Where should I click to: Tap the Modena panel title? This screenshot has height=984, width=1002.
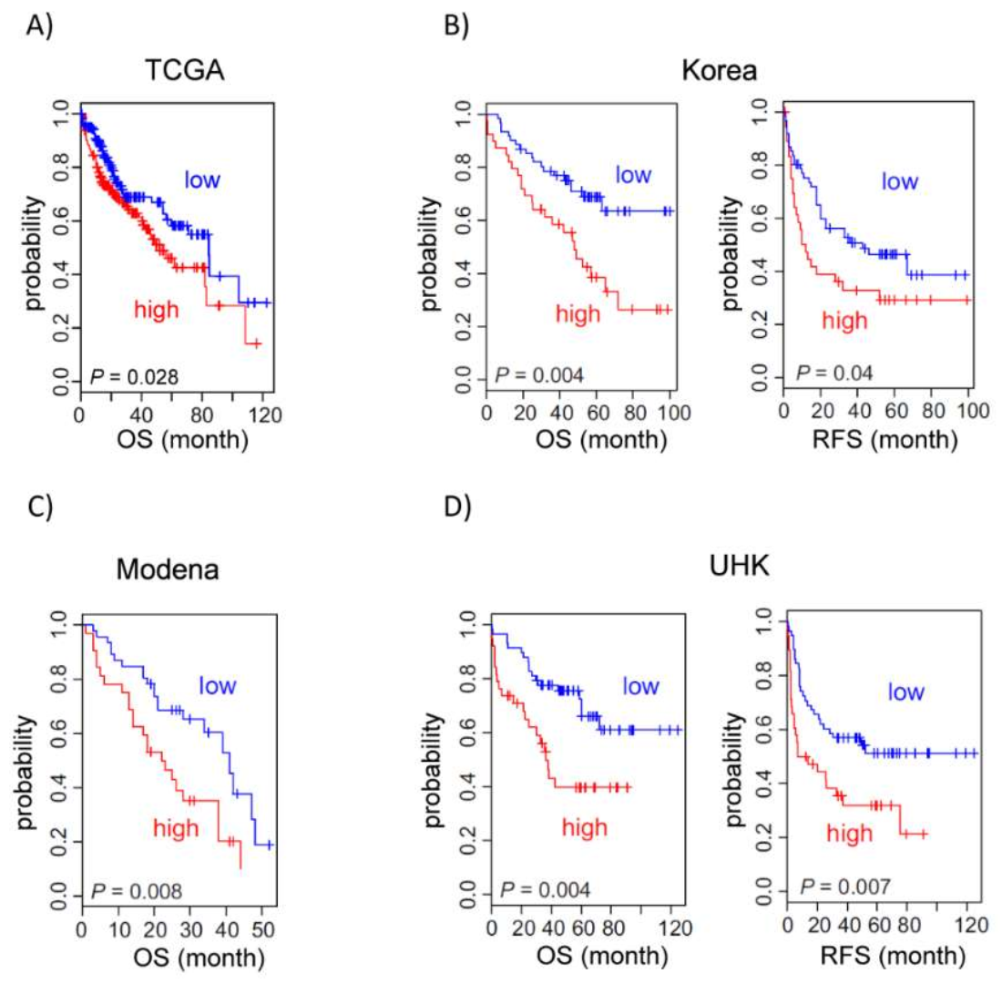[163, 570]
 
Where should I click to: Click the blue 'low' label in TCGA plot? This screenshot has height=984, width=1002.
[201, 177]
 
